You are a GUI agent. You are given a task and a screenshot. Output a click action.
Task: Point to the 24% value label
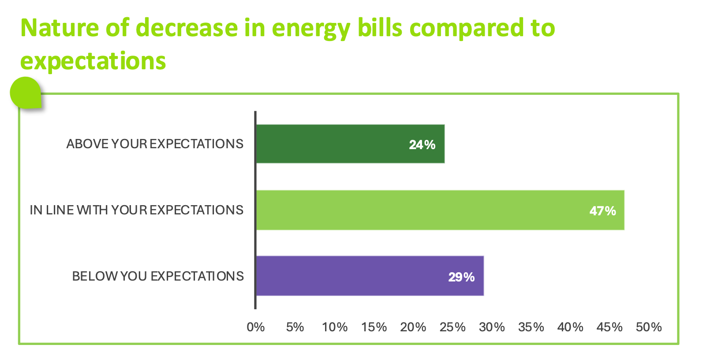pyautogui.click(x=422, y=145)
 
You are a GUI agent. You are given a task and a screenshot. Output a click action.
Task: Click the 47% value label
pyautogui.click(x=602, y=211)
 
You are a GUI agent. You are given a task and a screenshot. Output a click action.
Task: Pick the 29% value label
pyautogui.click(x=461, y=277)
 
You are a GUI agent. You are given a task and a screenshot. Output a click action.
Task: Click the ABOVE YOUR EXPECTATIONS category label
pyautogui.click(x=155, y=144)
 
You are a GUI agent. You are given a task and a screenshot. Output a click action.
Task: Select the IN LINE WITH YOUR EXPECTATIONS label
pyautogui.click(x=136, y=210)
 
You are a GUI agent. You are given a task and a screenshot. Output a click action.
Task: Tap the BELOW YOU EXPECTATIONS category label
pyautogui.click(x=158, y=276)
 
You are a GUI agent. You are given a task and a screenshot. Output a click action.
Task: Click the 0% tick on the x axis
pyautogui.click(x=256, y=327)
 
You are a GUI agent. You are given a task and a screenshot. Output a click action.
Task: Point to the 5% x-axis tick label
pyautogui.click(x=295, y=327)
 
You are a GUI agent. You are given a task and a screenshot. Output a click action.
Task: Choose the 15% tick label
pyautogui.click(x=374, y=327)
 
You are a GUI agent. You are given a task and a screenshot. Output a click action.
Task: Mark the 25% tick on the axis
pyautogui.click(x=452, y=327)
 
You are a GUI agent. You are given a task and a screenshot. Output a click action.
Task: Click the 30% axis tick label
pyautogui.click(x=492, y=327)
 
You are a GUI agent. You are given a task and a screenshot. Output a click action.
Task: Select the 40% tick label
pyautogui.click(x=570, y=327)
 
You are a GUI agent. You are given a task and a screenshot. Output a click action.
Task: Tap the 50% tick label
pyautogui.click(x=649, y=327)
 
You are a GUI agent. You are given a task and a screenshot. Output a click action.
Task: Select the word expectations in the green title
pyautogui.click(x=93, y=61)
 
